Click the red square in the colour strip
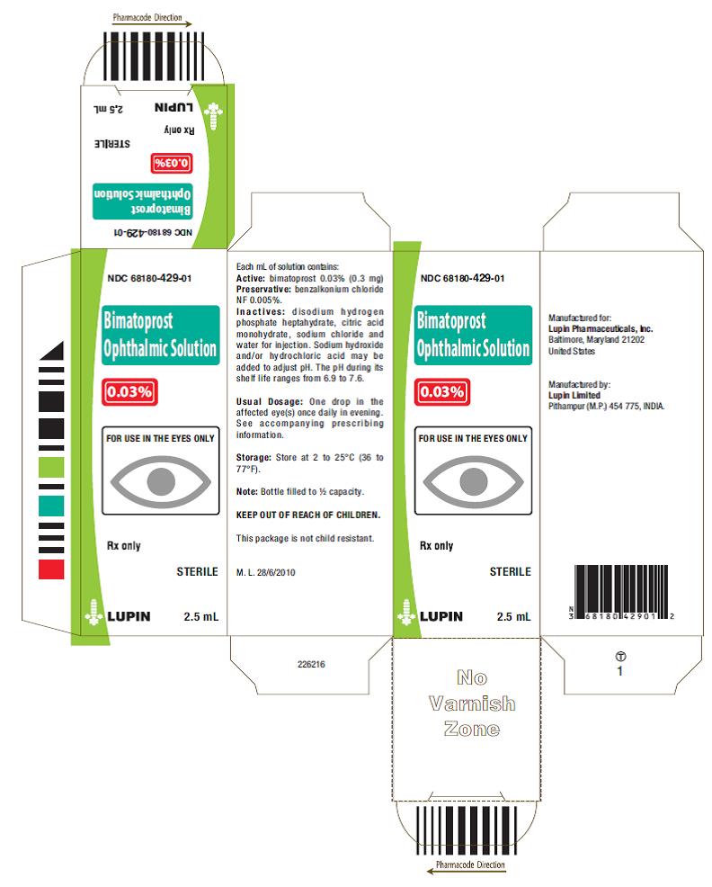click(51, 569)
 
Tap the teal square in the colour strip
click(51, 506)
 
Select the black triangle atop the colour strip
click(53, 351)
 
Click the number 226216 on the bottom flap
click(311, 664)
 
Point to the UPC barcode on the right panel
click(621, 592)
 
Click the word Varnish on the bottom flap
click(472, 703)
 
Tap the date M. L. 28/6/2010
click(266, 572)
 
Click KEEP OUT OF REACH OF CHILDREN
click(308, 515)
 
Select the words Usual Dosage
click(270, 401)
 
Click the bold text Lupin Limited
click(574, 395)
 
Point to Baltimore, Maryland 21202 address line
click(596, 339)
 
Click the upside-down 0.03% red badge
click(172, 163)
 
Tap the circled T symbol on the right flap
click(620, 656)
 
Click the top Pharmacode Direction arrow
click(152, 24)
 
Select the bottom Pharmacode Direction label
click(470, 865)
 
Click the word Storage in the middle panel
click(254, 457)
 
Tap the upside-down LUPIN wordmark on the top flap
click(174, 107)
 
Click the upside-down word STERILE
click(112, 144)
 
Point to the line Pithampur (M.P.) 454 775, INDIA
click(606, 406)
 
